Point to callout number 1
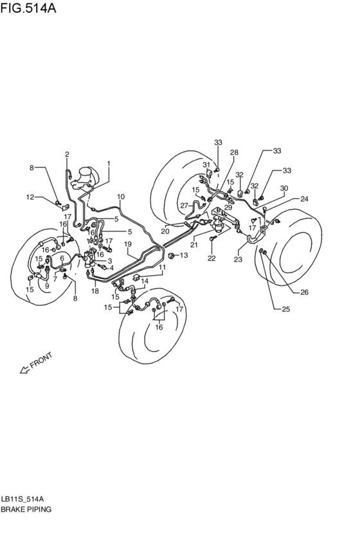[109, 163]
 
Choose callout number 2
[67, 154]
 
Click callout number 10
[120, 196]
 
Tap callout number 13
[183, 255]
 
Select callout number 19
[127, 244]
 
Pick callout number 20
[165, 231]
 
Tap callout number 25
[285, 309]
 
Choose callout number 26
[304, 292]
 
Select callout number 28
[234, 152]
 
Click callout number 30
[284, 188]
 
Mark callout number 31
[206, 165]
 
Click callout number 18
[95, 291]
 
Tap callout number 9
[46, 285]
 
